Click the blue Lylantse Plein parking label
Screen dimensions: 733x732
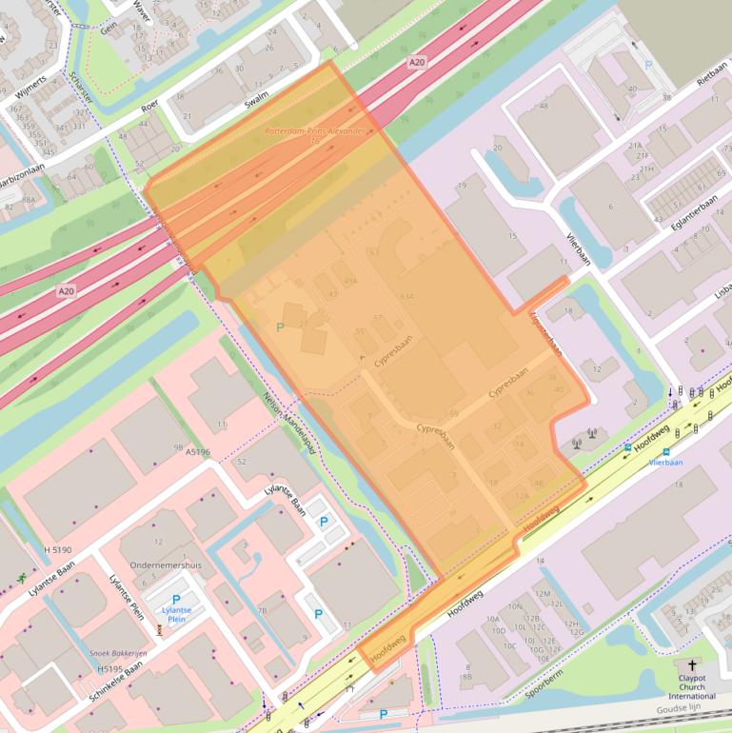click(x=175, y=614)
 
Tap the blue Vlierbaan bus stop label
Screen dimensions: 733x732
click(x=666, y=462)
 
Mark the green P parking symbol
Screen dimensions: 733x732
click(x=279, y=327)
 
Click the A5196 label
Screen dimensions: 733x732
click(x=198, y=452)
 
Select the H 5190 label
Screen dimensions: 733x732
click(x=58, y=550)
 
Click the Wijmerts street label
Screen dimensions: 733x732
click(x=30, y=84)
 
